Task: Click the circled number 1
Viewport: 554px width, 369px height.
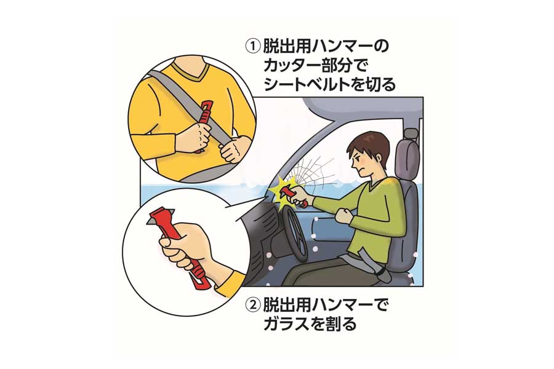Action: point(252,47)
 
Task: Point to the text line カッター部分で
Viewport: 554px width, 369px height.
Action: point(314,66)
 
